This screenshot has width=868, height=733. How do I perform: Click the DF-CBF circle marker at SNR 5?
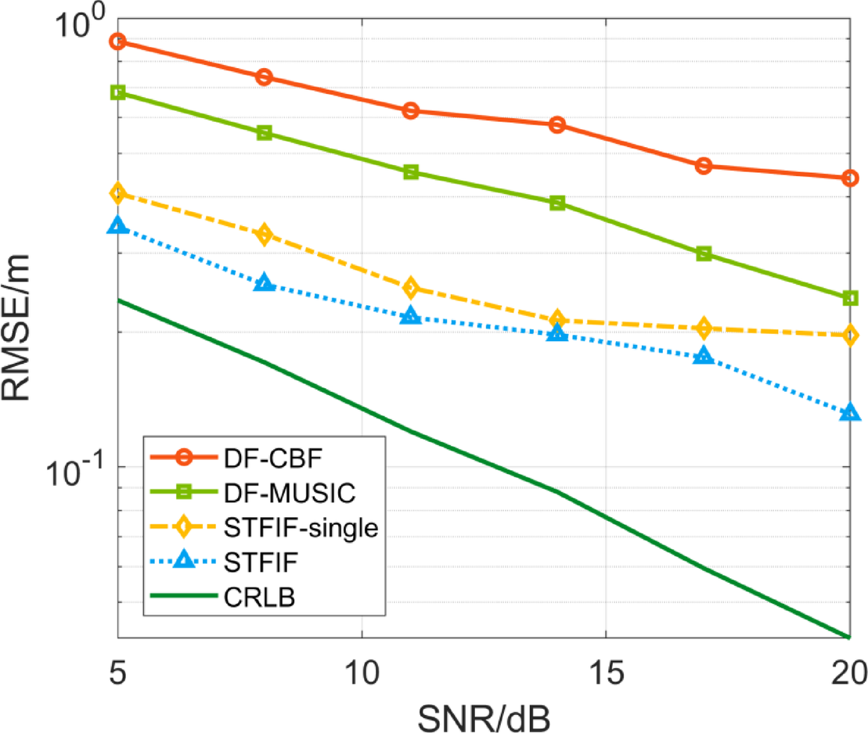(x=117, y=41)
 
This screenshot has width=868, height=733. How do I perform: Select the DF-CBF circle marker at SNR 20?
(x=850, y=178)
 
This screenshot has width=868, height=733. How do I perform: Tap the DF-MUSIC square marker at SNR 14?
(x=557, y=203)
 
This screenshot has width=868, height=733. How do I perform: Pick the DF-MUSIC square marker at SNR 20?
(x=850, y=298)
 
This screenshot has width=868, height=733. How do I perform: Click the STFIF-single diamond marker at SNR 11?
(x=411, y=288)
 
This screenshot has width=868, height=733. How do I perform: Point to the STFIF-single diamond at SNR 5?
(x=117, y=192)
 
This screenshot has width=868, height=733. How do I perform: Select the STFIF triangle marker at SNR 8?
(x=265, y=283)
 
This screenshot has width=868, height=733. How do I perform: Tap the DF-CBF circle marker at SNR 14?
(x=557, y=124)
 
